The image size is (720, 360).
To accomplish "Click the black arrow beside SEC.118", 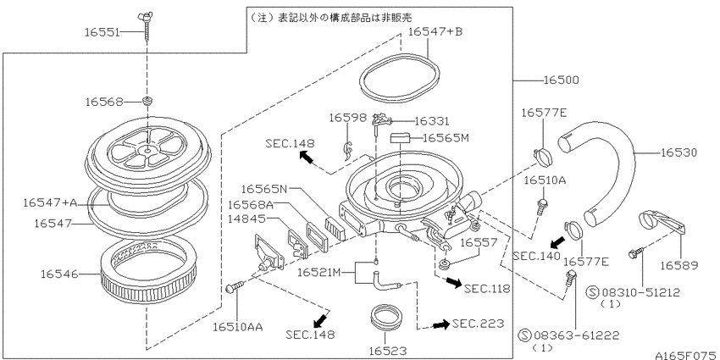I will pos(453,280).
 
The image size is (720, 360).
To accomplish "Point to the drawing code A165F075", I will pos(685,352).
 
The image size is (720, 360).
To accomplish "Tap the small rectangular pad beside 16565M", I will pos(401,137).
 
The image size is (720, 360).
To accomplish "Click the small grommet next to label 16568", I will pos(147,102).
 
